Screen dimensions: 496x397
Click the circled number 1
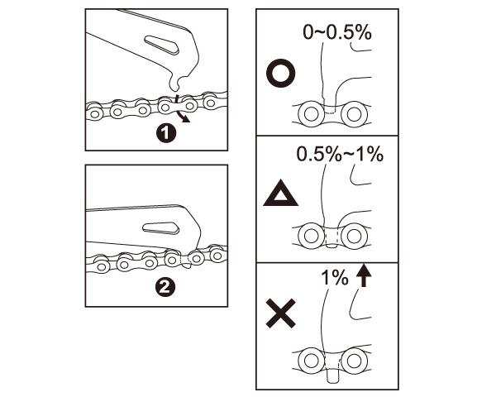166,133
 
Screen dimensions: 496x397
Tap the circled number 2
165,287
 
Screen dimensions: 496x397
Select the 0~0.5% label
337,32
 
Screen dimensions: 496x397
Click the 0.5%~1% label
340,155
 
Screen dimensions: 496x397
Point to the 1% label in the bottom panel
335,278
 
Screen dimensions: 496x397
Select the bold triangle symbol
280,194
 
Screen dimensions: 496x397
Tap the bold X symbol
281,313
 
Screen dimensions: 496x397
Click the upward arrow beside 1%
364,276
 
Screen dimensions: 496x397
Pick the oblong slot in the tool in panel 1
162,44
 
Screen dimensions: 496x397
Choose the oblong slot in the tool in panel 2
161,228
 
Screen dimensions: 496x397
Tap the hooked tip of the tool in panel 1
175,84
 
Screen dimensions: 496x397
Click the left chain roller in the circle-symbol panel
311,114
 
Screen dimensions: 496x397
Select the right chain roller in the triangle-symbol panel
355,236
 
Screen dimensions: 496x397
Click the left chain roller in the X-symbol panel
312,360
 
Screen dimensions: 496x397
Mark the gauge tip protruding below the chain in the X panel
331,376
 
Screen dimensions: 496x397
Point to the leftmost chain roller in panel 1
94,113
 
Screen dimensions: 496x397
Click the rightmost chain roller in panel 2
217,255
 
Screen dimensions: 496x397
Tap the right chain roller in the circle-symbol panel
354,114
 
